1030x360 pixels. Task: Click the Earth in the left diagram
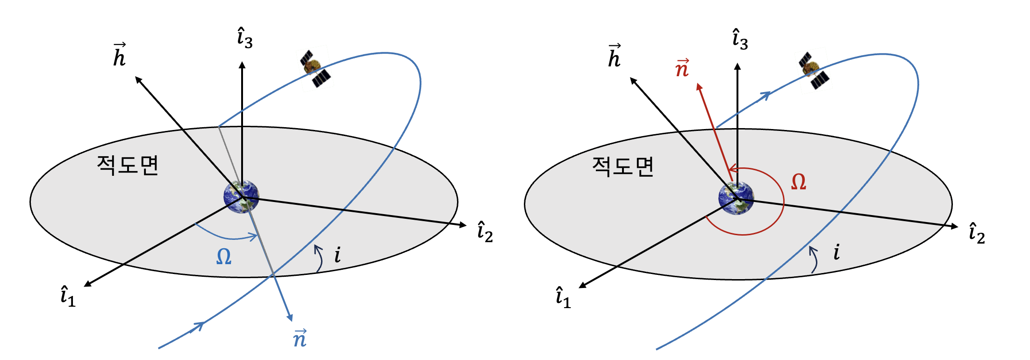click(x=241, y=196)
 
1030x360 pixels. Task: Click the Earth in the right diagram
click(x=736, y=198)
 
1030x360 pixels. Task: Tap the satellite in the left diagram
click(x=315, y=69)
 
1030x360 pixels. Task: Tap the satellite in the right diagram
click(x=814, y=71)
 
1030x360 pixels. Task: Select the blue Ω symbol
click(x=224, y=257)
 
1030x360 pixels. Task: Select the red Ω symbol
click(x=798, y=182)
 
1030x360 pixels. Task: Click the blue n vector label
click(x=300, y=338)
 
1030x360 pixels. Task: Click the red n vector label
click(x=682, y=68)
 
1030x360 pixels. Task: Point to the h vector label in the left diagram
click(x=120, y=55)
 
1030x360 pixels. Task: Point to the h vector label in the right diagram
click(x=615, y=56)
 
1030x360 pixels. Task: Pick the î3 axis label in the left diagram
click(x=244, y=38)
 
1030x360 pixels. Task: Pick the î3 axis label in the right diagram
click(x=740, y=39)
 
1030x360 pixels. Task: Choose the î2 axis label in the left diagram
click(x=485, y=232)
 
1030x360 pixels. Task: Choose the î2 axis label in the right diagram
click(x=977, y=233)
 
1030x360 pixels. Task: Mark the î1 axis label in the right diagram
click(x=563, y=298)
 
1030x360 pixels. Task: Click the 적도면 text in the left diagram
click(x=128, y=165)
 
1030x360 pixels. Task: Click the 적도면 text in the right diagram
click(x=622, y=166)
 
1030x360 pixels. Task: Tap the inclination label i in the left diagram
click(x=337, y=255)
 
